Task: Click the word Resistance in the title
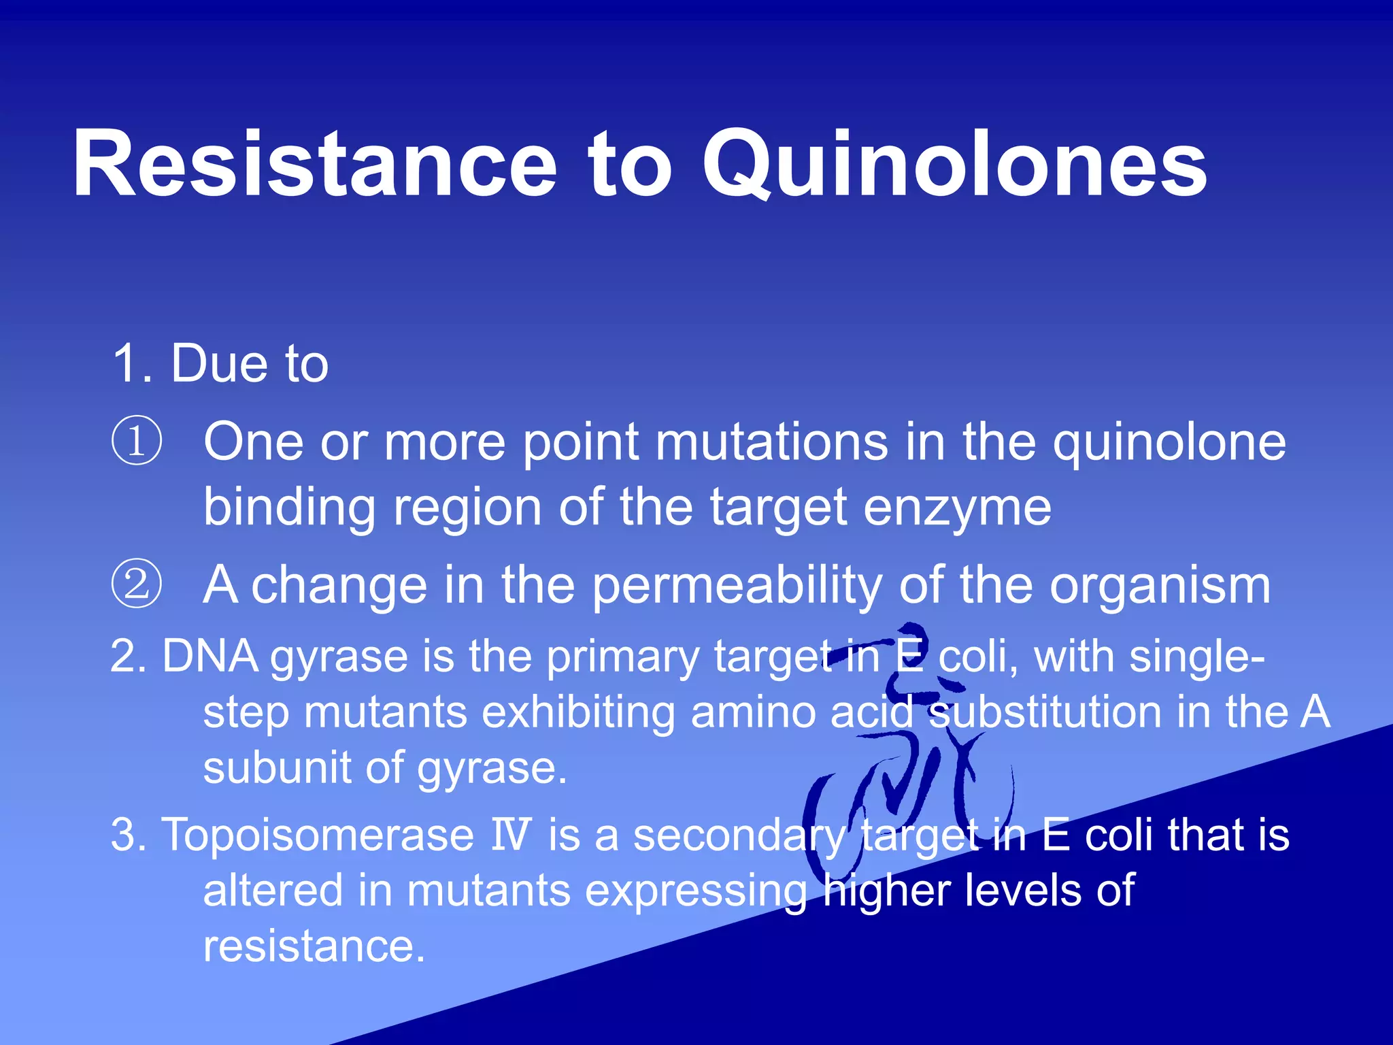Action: pos(315,165)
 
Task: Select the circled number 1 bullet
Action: pos(137,442)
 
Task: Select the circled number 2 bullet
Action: pos(137,584)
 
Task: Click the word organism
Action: pos(1160,585)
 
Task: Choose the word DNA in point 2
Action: pos(210,657)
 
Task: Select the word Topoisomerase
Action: pos(318,835)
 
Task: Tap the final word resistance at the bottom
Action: pos(314,946)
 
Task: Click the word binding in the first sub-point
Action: pos(289,508)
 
